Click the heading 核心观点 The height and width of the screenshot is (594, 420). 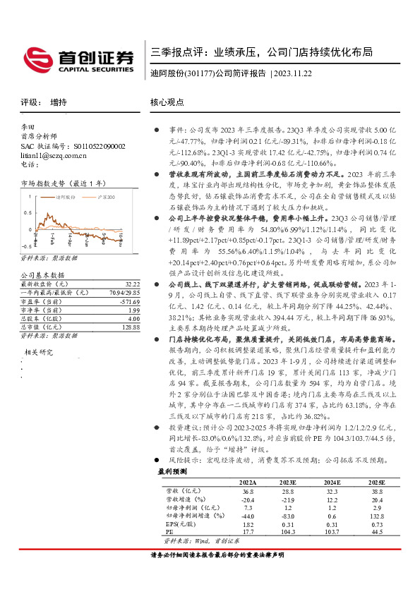coord(167,102)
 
